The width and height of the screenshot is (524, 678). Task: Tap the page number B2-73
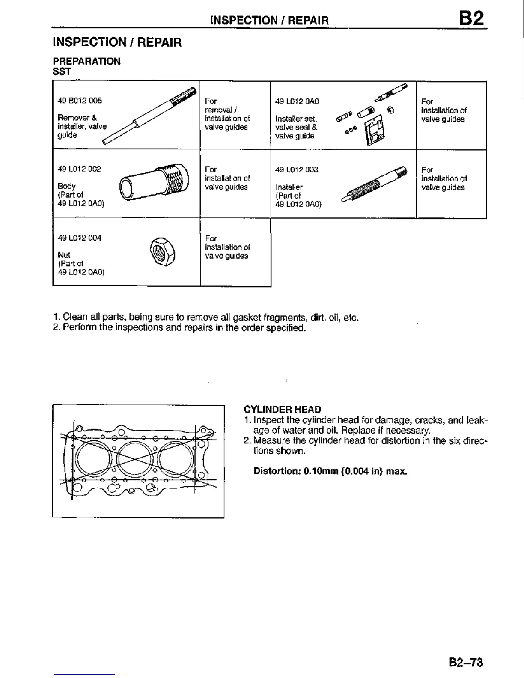coord(466,663)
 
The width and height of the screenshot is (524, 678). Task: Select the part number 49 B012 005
coord(80,101)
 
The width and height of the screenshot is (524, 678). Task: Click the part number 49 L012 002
coord(79,169)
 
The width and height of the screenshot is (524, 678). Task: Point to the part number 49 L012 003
coord(297,170)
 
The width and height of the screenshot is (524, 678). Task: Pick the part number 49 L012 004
coord(80,238)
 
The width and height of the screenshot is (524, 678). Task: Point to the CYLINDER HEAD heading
coord(282,410)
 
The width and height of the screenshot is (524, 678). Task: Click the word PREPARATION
coord(86,61)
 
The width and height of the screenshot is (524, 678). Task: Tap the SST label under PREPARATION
coord(62,71)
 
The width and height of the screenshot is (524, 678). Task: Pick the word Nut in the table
coord(64,255)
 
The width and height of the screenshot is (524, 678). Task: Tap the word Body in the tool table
coord(66,186)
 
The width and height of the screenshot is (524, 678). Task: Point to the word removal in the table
coord(218,110)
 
